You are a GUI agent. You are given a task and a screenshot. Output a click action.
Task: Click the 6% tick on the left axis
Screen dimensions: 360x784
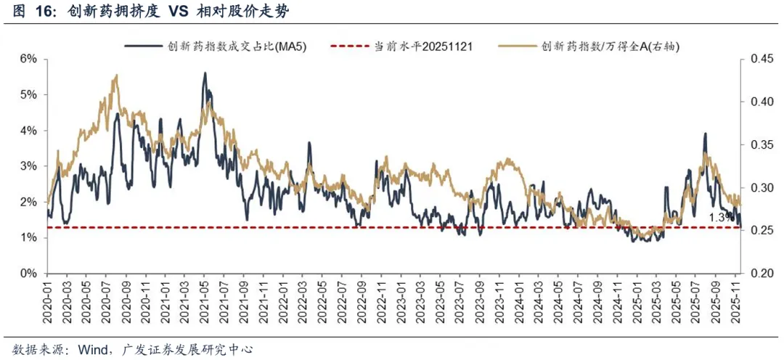coord(28,59)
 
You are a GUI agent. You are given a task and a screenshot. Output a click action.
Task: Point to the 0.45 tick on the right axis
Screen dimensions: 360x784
coord(758,59)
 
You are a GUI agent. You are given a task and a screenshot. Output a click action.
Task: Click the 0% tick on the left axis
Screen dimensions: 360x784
coord(28,274)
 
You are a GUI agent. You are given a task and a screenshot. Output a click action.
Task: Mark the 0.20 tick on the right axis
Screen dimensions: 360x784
coord(758,274)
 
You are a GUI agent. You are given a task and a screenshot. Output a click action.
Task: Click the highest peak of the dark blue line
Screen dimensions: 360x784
coord(205,73)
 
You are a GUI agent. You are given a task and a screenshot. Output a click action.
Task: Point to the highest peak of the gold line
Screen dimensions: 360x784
coord(116,75)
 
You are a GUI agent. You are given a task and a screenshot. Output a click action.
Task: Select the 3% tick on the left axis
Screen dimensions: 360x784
coord(28,166)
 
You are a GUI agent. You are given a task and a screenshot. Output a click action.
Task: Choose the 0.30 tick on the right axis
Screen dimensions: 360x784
coord(758,188)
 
